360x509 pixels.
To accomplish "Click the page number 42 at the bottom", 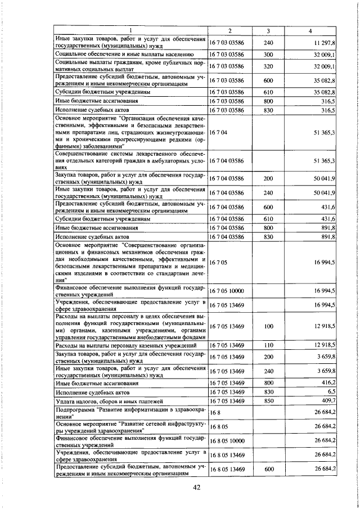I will [x=196, y=488].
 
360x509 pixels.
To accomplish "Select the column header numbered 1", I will [x=130, y=29].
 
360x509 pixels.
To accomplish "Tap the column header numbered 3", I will [x=268, y=29].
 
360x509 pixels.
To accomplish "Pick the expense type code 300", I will [x=268, y=55].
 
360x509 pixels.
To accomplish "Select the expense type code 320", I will [x=268, y=66].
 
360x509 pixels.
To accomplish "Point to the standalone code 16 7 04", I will [x=217, y=132].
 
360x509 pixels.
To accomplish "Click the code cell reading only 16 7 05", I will [x=217, y=262].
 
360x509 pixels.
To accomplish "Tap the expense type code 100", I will [x=268, y=326].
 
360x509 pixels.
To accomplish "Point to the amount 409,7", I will [x=327, y=400].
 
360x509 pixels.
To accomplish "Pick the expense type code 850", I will [x=268, y=400].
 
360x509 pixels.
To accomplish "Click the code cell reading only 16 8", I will [x=214, y=413].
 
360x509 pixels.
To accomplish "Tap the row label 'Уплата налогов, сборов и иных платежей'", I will [x=109, y=401].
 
